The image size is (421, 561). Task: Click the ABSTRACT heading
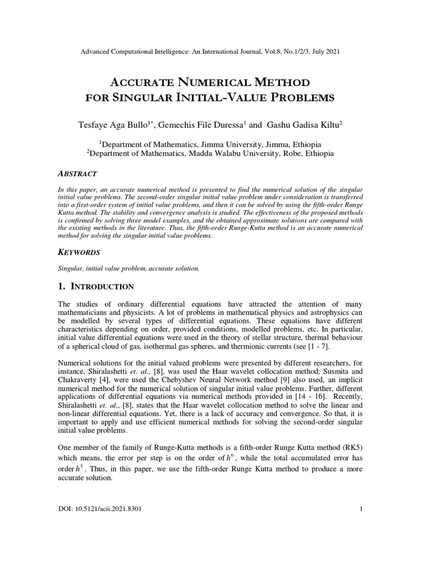tap(77, 174)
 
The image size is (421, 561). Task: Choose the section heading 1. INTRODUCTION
tap(95, 287)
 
